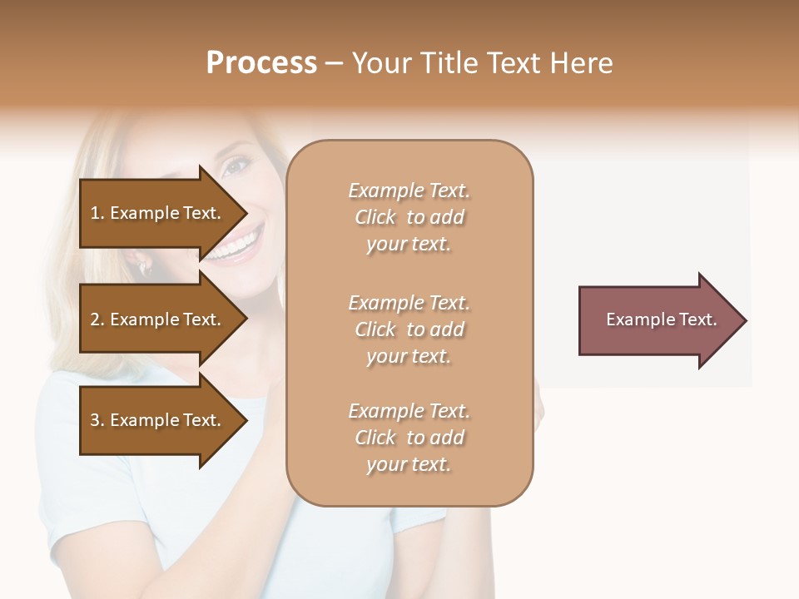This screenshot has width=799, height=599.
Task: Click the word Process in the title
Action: point(261,63)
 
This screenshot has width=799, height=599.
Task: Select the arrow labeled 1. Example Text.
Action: point(158,213)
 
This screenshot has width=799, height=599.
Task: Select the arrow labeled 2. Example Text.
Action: point(158,319)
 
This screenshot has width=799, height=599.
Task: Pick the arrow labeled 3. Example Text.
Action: point(158,420)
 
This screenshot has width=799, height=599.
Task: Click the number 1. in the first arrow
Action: point(97,213)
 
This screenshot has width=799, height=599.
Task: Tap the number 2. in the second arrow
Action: point(97,319)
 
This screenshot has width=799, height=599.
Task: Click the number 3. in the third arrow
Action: point(97,420)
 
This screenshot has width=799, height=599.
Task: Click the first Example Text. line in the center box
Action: point(409,191)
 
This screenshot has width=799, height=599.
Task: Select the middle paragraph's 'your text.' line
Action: point(409,356)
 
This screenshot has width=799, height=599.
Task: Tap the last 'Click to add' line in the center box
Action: point(409,438)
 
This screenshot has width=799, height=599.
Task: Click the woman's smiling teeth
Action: point(236,245)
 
